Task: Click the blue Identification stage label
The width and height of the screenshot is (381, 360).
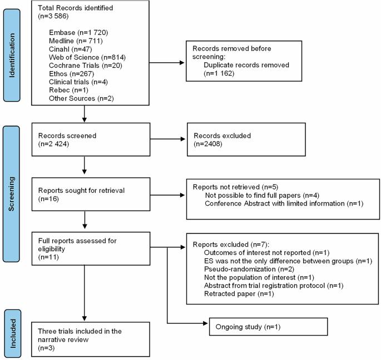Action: coord(12,56)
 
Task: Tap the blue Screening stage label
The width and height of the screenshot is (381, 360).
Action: coord(11,194)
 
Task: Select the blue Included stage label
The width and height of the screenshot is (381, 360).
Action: coord(12,333)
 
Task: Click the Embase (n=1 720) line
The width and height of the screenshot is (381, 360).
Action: coord(78,33)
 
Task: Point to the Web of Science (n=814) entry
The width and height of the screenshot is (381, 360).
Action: coord(87,57)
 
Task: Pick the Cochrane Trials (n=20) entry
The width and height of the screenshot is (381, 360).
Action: coord(86,66)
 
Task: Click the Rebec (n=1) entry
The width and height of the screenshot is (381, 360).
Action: coord(68,90)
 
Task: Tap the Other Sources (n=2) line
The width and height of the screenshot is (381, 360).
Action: coord(81,98)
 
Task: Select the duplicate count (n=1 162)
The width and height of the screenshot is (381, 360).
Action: coord(219,73)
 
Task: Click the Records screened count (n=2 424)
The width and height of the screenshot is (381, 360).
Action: coord(54,144)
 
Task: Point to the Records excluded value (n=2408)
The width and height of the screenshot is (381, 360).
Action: coord(208,144)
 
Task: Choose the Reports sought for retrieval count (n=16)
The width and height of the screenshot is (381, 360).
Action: coord(48,199)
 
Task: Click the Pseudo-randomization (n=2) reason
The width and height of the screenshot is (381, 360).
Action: coord(249,269)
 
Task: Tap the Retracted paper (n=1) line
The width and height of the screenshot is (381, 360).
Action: coord(239,294)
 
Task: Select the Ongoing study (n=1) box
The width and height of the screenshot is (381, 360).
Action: coord(268,327)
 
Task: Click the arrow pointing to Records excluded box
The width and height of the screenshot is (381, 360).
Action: coord(167,139)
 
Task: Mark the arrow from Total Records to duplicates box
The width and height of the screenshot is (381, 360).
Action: coord(167,63)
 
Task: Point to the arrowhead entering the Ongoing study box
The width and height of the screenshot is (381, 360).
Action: coord(205,323)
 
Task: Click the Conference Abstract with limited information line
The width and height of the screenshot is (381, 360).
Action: coord(284,203)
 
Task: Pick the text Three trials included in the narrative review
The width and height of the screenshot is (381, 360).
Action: coord(80,335)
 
